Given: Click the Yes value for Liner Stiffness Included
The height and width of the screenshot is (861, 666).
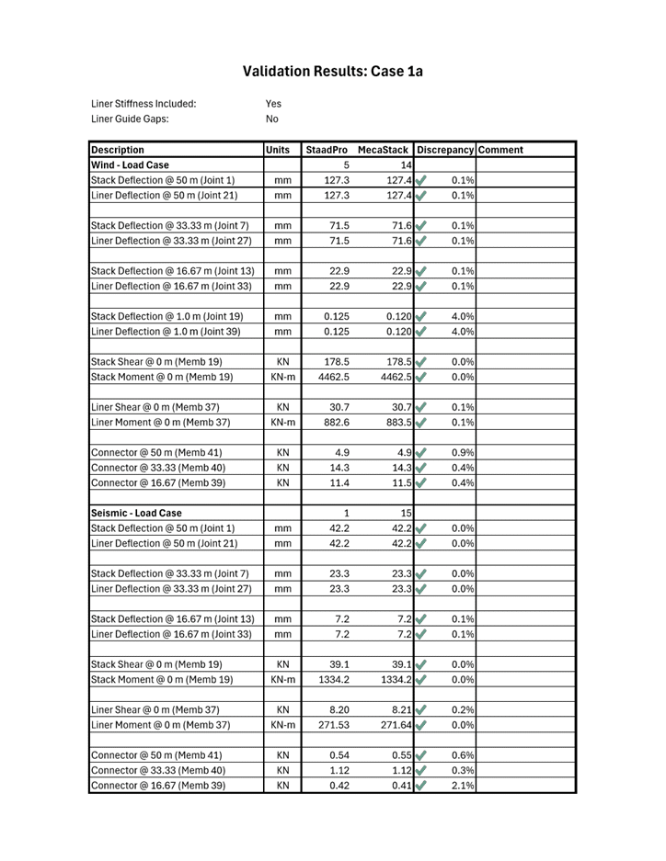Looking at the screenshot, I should pyautogui.click(x=273, y=104).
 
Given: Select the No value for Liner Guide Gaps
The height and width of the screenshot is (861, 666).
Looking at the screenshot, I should pyautogui.click(x=272, y=119).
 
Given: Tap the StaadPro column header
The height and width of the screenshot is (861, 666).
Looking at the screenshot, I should pyautogui.click(x=327, y=149).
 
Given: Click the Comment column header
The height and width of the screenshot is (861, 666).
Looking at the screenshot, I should pyautogui.click(x=500, y=149).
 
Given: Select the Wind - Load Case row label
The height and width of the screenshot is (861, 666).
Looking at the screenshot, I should pyautogui.click(x=130, y=164).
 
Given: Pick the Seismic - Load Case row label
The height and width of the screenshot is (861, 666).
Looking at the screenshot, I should pyautogui.click(x=136, y=512).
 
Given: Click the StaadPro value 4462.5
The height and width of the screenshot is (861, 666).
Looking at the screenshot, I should pyautogui.click(x=332, y=375).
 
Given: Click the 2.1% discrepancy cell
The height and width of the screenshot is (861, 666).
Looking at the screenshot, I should pyautogui.click(x=464, y=787).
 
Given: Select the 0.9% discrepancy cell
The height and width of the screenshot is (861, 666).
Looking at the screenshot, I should pyautogui.click(x=464, y=453).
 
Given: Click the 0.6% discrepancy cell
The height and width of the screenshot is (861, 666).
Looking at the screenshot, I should pyautogui.click(x=464, y=756).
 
